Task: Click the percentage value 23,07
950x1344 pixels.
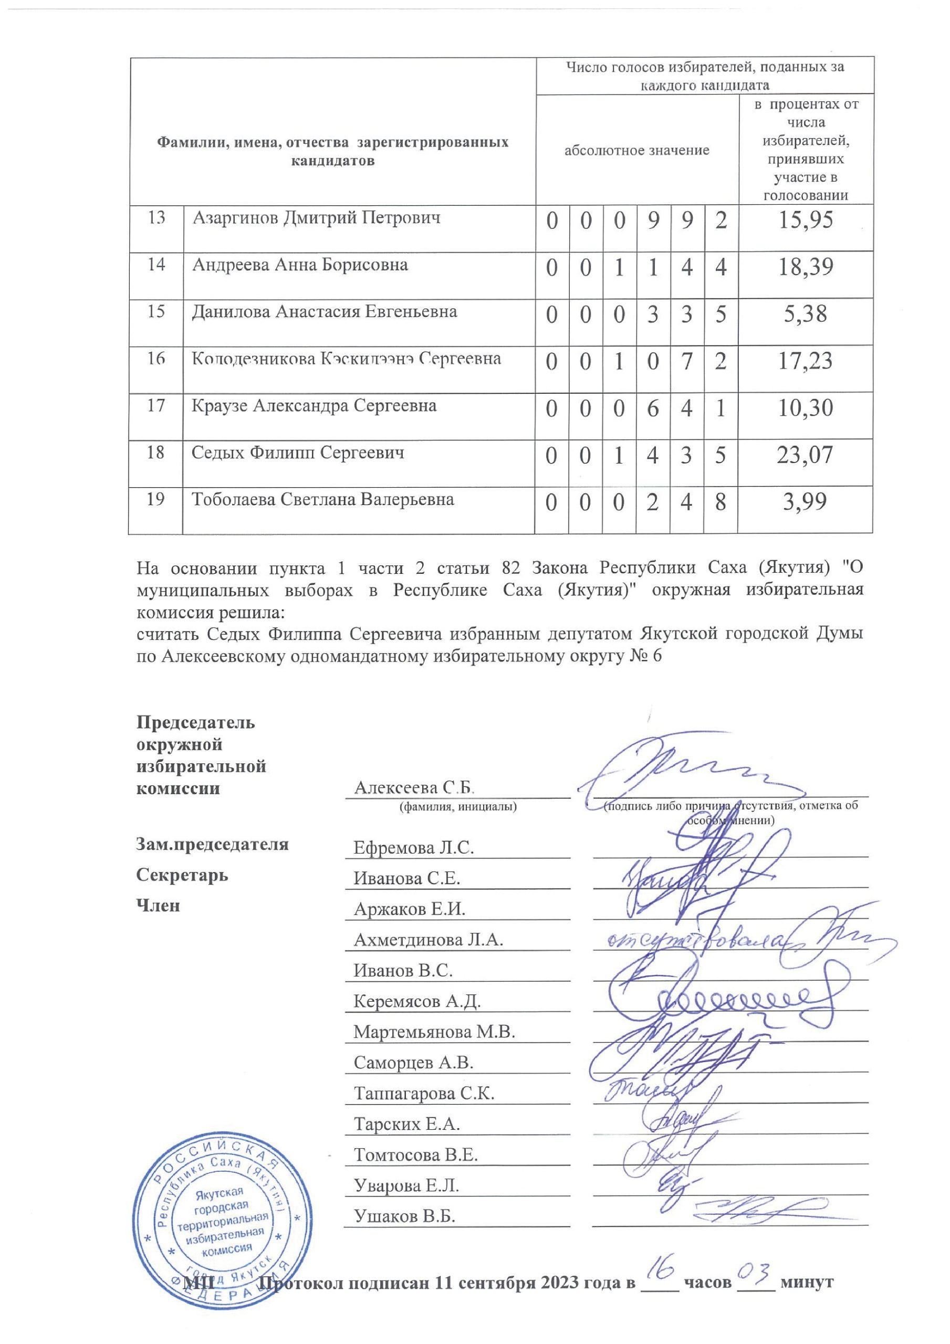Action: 805,455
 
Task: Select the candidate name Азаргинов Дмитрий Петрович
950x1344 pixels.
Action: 316,218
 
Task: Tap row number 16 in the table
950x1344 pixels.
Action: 156,358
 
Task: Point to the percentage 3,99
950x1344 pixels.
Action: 805,502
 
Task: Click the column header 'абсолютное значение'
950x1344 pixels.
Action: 636,151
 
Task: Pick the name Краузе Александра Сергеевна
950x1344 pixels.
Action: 314,406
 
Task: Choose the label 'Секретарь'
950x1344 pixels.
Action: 182,876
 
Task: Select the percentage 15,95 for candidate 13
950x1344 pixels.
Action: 805,220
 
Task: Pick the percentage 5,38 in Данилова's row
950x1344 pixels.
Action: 805,314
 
